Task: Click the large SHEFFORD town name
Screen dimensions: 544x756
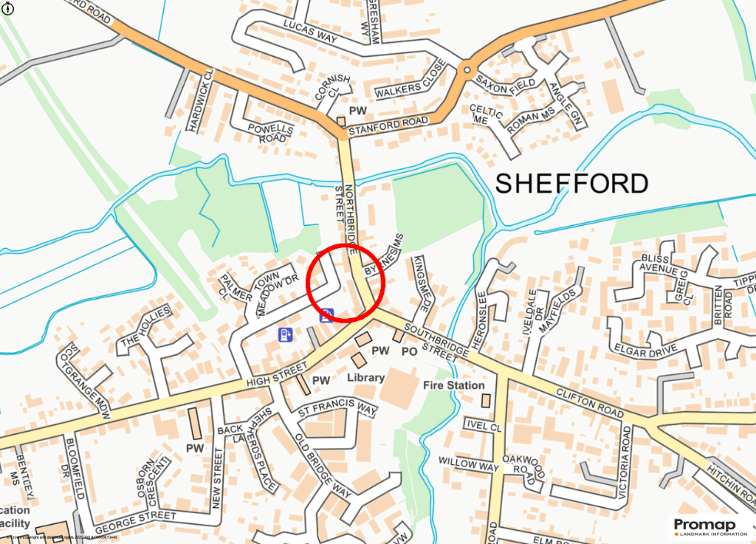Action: [571, 183]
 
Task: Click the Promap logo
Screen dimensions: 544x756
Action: [709, 526]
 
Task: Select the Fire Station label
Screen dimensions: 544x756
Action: [454, 385]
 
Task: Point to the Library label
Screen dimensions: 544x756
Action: [366, 378]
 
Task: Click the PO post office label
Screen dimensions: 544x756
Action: [410, 352]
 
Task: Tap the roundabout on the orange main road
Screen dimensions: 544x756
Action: [467, 70]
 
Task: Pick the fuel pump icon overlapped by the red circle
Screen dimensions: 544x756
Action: [327, 315]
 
